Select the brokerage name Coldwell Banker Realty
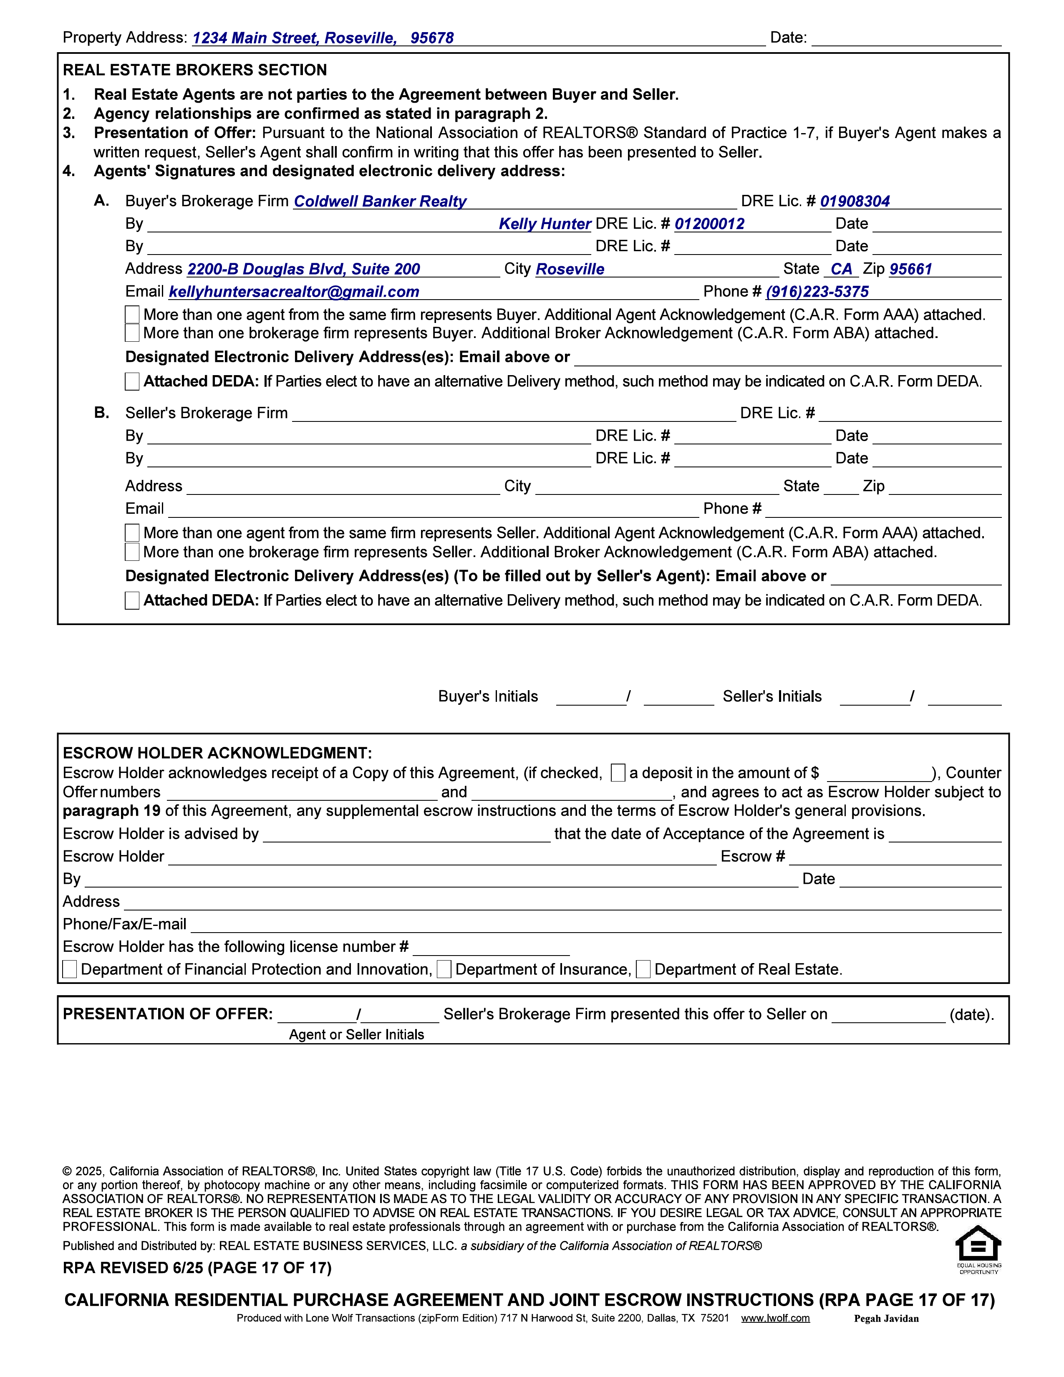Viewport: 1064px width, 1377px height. (x=380, y=201)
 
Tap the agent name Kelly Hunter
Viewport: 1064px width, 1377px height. (x=545, y=224)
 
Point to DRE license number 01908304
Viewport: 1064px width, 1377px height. (x=855, y=201)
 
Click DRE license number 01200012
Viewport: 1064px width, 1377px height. (x=709, y=224)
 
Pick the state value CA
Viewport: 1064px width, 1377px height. (x=841, y=269)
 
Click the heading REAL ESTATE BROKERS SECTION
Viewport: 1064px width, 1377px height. (x=195, y=70)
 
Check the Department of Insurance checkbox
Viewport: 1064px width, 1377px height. (x=444, y=969)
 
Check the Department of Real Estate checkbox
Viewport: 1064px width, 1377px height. (x=643, y=969)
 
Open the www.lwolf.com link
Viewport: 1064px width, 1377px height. (x=775, y=1318)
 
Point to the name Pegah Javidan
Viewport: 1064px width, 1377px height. (x=886, y=1318)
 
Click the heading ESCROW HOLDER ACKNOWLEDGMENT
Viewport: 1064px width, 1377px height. (x=217, y=753)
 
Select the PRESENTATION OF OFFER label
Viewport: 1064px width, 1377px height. (x=168, y=1014)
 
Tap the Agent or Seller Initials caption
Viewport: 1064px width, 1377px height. (x=356, y=1035)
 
